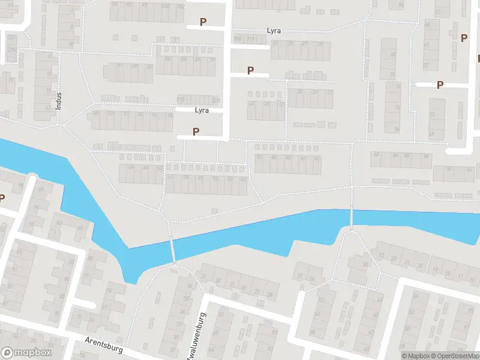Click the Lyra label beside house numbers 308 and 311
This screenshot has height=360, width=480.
pos(274,31)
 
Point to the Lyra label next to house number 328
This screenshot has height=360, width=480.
pos(202,110)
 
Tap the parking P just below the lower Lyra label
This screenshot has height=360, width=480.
pos(196,131)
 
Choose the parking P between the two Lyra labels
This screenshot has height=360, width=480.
pos(251,71)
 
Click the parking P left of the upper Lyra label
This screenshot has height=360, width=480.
pos(203,22)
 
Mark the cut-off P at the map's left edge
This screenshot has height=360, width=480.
pos(2,199)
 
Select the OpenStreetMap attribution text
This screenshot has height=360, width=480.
pos(454,356)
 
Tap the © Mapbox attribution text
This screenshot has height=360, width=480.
pos(415,356)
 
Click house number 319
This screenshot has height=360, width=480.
pos(181,100)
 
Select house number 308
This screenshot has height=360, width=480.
pos(238,40)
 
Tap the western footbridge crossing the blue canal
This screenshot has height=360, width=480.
pos(172,248)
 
